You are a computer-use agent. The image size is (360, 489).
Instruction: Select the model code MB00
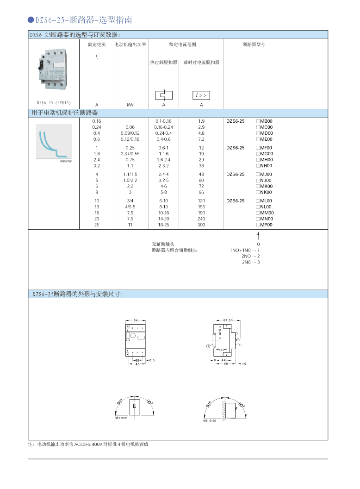pyautogui.click(x=267, y=121)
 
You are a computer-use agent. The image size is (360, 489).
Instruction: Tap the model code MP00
pyautogui.click(x=267, y=225)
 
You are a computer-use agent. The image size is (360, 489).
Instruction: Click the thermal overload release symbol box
pyautogui.click(x=164, y=95)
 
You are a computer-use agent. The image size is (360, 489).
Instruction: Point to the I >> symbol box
pyautogui.click(x=201, y=95)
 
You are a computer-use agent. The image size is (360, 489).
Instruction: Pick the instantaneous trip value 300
pyautogui.click(x=201, y=225)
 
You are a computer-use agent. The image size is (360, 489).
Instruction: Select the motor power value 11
pyautogui.click(x=130, y=225)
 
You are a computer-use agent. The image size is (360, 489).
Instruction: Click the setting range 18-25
pyautogui.click(x=164, y=225)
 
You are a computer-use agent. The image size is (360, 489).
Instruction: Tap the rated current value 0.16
pyautogui.click(x=97, y=121)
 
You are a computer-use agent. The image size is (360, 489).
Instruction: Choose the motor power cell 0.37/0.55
pyautogui.click(x=130, y=153)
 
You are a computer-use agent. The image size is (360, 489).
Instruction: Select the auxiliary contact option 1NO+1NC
pyautogui.click(x=240, y=250)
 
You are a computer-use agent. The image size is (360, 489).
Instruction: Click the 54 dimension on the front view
pyautogui.click(x=136, y=320)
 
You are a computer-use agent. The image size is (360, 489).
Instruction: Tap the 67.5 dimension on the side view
pyautogui.click(x=227, y=320)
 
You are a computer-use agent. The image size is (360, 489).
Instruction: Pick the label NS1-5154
pyautogui.click(x=121, y=417)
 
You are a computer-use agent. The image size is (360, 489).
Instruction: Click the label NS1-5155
pyautogui.click(x=210, y=421)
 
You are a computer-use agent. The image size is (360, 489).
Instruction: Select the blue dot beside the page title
pyautogui.click(x=31, y=20)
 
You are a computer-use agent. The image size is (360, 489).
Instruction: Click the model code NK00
pyautogui.click(x=266, y=192)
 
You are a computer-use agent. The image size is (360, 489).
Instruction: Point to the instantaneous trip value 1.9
pyautogui.click(x=201, y=121)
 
